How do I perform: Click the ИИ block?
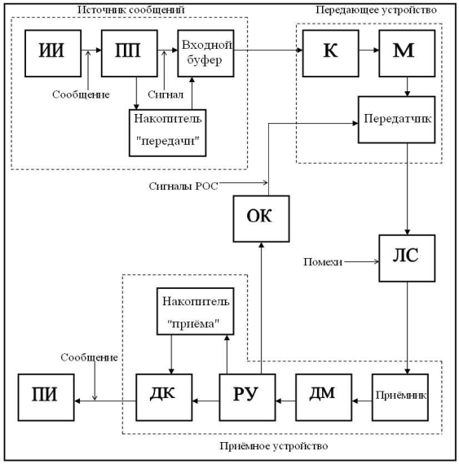[x=53, y=53]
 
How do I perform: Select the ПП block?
[x=130, y=53]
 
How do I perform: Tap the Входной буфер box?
[x=205, y=53]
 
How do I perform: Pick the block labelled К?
[x=331, y=53]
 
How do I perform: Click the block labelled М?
[x=407, y=53]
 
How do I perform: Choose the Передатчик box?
[x=397, y=120]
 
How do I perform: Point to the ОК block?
[x=261, y=219]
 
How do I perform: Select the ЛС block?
[x=407, y=258]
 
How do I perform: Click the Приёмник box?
[x=400, y=397]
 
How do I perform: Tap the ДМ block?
[x=324, y=397]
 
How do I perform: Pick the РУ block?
[x=247, y=397]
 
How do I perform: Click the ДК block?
[x=164, y=397]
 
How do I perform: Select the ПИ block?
[x=46, y=397]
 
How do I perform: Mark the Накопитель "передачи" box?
[x=168, y=133]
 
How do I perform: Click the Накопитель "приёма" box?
[x=196, y=311]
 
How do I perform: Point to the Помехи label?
[x=323, y=262]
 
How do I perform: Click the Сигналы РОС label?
[x=183, y=186]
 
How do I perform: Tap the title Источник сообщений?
[x=131, y=10]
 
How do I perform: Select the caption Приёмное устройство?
[x=273, y=445]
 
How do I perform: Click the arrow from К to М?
[x=369, y=50]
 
